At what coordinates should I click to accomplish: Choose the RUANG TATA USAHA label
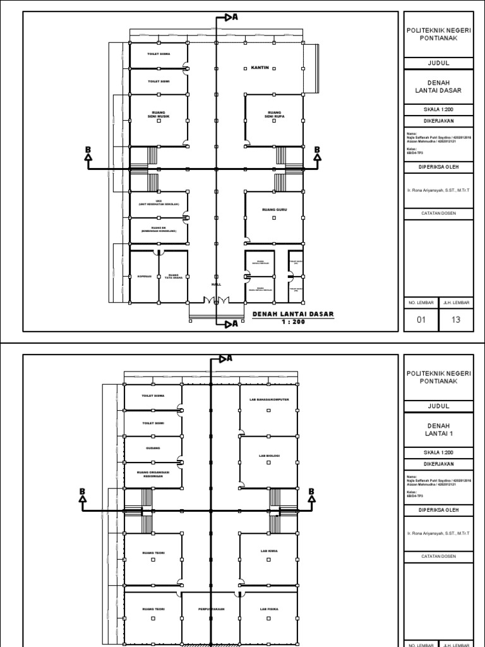click(x=174, y=276)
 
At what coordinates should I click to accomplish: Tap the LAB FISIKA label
click(x=268, y=609)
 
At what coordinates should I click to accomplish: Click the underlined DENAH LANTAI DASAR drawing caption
click(x=292, y=314)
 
